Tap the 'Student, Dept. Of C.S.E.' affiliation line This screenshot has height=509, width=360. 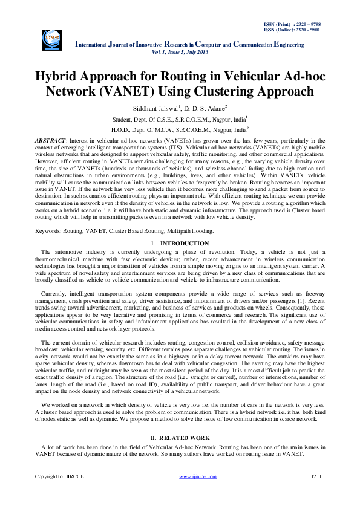180,119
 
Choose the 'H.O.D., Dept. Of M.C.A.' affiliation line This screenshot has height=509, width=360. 180,129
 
